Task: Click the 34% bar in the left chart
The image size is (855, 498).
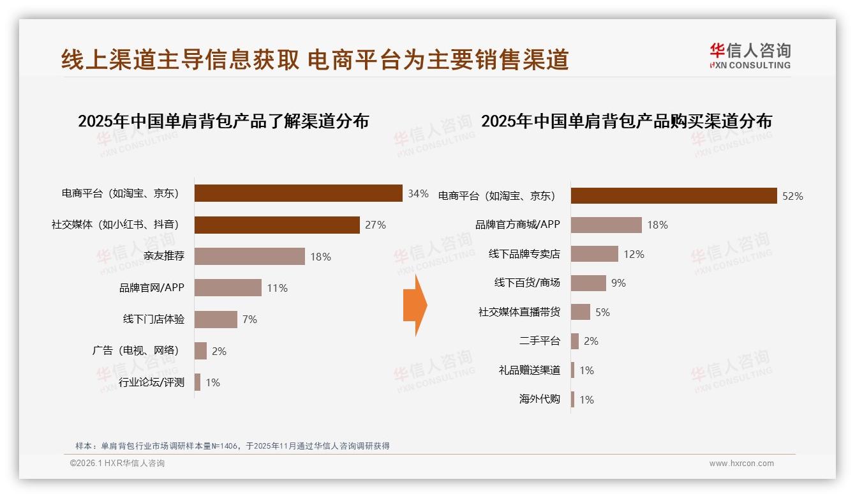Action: click(x=298, y=193)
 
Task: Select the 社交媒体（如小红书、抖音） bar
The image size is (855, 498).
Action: click(x=277, y=225)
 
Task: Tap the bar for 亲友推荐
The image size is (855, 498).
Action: click(x=249, y=256)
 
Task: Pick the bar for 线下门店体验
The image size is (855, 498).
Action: click(x=216, y=319)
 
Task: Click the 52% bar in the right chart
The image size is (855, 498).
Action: click(x=673, y=196)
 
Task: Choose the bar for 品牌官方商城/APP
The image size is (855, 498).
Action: click(x=606, y=225)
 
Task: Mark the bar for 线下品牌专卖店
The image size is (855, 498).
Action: click(x=594, y=254)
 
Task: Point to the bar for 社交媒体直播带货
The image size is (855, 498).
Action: click(x=581, y=312)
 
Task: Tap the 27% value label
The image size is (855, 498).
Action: click(x=375, y=225)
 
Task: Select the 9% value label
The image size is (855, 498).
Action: click(x=618, y=283)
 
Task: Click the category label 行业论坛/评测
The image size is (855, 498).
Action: click(x=151, y=382)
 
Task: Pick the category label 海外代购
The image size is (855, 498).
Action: click(x=539, y=400)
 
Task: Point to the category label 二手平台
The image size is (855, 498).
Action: click(x=539, y=341)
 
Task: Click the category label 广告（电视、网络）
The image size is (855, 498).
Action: click(x=135, y=351)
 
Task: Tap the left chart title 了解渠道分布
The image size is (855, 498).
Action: click(x=223, y=121)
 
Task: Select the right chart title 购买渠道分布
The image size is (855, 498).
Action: click(x=626, y=121)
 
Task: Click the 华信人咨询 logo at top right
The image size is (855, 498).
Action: click(x=750, y=56)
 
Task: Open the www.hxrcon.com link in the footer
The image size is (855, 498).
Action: click(x=741, y=464)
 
